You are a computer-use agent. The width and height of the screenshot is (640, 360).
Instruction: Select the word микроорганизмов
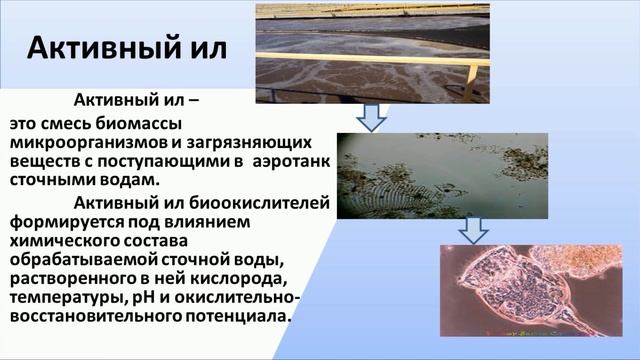(x=78, y=142)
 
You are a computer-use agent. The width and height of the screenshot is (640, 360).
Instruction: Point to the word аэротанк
(x=289, y=161)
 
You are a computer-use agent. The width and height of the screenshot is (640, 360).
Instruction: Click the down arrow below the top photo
(x=372, y=118)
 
